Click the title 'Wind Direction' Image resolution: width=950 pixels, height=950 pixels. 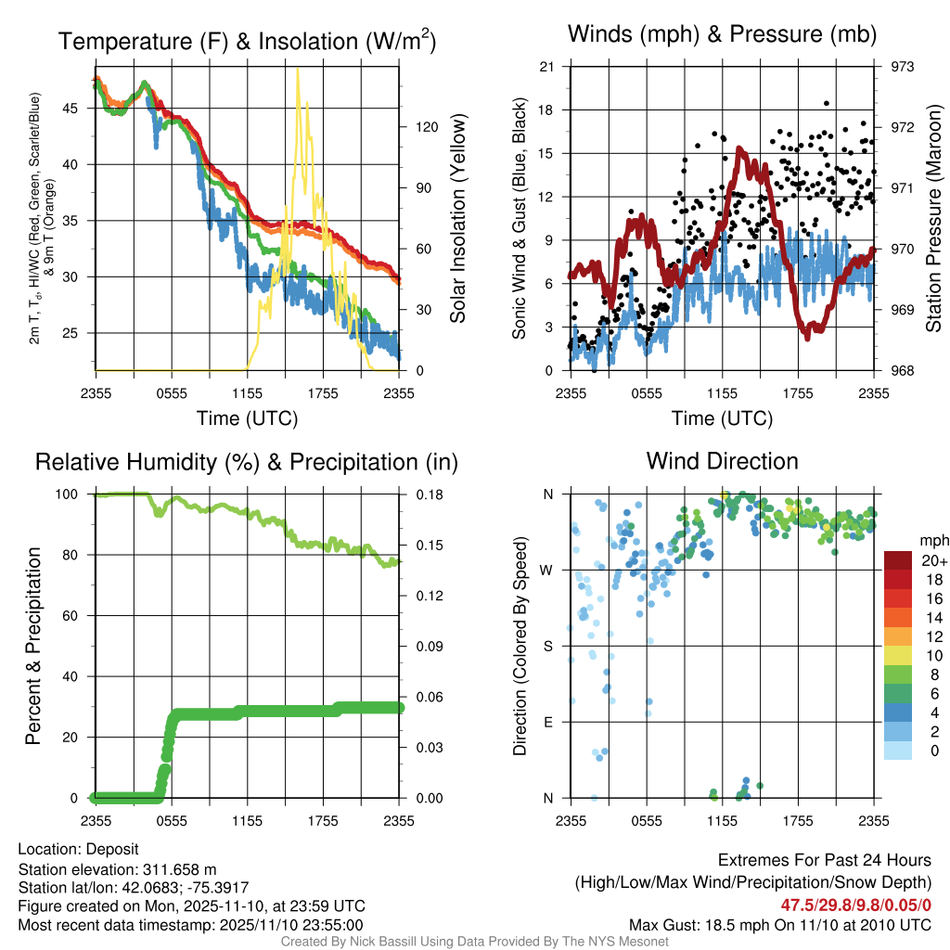click(x=722, y=461)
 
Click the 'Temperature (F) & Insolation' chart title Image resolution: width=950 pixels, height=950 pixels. click(x=247, y=42)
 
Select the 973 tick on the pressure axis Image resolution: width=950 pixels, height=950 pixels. click(x=903, y=67)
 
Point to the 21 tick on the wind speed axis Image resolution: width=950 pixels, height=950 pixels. click(x=546, y=67)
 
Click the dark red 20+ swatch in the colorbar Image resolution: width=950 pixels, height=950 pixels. click(x=897, y=560)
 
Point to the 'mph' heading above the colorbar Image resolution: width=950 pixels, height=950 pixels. click(x=931, y=540)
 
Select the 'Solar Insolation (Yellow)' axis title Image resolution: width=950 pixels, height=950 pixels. click(x=457, y=219)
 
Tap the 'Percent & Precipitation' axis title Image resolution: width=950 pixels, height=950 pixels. click(x=32, y=646)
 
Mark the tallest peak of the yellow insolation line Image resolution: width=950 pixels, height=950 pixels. click(x=298, y=70)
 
